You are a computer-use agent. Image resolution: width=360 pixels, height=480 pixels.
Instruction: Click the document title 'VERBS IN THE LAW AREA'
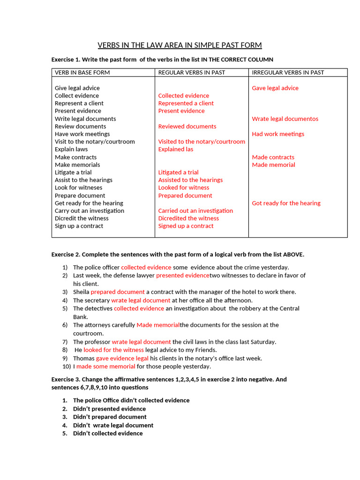(x=180, y=45)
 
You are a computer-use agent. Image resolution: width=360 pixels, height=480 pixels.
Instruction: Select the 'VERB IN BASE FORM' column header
(x=82, y=73)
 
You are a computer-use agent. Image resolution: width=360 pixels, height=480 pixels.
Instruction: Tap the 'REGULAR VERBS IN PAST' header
(x=191, y=73)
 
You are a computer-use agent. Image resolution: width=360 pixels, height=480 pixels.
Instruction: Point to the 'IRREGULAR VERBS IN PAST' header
(x=288, y=73)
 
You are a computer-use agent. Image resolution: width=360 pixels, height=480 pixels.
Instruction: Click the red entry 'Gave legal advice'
(x=275, y=88)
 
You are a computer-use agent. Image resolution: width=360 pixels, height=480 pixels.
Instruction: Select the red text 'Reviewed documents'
(x=187, y=126)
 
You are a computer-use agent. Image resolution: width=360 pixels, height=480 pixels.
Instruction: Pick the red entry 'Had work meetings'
(x=278, y=134)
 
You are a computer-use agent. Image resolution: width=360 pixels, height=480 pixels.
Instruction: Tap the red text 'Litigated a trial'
(x=178, y=172)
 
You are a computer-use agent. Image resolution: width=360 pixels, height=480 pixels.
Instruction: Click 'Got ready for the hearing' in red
(x=286, y=203)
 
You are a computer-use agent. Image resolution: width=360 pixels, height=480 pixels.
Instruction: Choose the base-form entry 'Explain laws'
(x=71, y=149)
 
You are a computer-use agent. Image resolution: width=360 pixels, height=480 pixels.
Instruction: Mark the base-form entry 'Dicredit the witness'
(x=82, y=218)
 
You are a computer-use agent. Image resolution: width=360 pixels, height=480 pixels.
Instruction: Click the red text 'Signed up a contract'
(x=186, y=225)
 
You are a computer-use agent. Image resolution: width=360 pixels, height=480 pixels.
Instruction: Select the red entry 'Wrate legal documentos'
(x=285, y=119)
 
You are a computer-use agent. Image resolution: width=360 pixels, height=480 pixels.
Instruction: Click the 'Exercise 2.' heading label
(x=66, y=255)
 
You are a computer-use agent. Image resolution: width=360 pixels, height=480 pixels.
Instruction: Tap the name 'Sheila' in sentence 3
(x=81, y=292)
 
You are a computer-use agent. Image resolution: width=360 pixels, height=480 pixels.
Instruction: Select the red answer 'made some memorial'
(x=105, y=366)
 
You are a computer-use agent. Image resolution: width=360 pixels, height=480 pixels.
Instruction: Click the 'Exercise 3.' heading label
(x=66, y=379)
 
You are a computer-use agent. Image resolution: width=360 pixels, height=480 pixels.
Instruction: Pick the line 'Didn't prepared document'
(x=110, y=417)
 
